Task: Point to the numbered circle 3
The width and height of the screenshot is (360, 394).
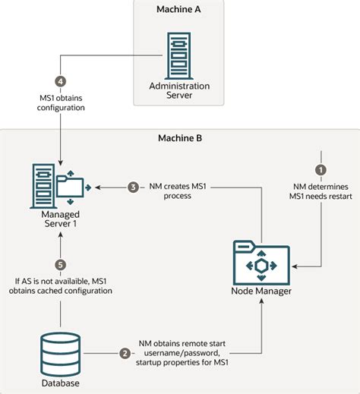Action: point(132,187)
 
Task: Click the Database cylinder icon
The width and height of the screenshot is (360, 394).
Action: point(59,351)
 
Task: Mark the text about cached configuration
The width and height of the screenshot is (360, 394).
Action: point(60,288)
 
